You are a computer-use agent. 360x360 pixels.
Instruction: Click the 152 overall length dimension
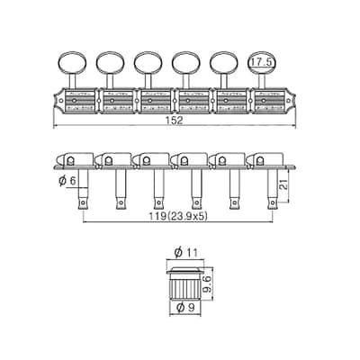tap(174, 121)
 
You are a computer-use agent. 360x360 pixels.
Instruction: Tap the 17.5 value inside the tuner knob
tap(261, 62)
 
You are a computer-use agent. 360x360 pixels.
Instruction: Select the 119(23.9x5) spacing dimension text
tap(177, 216)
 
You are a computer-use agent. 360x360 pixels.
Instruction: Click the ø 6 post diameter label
tap(67, 181)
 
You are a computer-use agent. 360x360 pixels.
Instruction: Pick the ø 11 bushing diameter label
tap(186, 253)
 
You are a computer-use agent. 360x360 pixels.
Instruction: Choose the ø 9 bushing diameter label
tap(185, 308)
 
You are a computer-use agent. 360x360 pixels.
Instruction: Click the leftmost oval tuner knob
tap(72, 63)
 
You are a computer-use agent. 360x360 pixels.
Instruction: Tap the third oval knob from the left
tap(148, 63)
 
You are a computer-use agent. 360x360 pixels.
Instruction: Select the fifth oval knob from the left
tap(224, 63)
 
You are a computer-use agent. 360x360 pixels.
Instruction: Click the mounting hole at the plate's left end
tap(61, 101)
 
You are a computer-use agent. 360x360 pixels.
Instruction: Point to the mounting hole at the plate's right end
tap(289, 101)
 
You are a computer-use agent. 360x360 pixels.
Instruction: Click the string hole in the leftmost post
tap(83, 203)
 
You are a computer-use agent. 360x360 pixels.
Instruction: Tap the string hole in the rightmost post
tap(272, 203)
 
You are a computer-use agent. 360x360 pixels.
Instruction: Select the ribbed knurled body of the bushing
tap(185, 286)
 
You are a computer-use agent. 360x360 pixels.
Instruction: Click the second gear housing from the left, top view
tap(118, 101)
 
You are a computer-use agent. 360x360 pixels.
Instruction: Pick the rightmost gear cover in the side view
tap(265, 159)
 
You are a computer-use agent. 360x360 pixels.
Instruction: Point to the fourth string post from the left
tap(196, 188)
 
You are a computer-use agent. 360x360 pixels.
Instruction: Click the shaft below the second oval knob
tap(110, 81)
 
